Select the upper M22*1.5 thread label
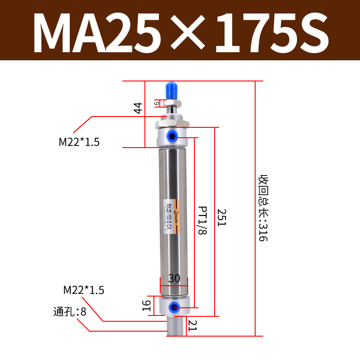coord(79,142)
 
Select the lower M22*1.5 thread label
coord(84,290)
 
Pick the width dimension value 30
coord(174,279)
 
